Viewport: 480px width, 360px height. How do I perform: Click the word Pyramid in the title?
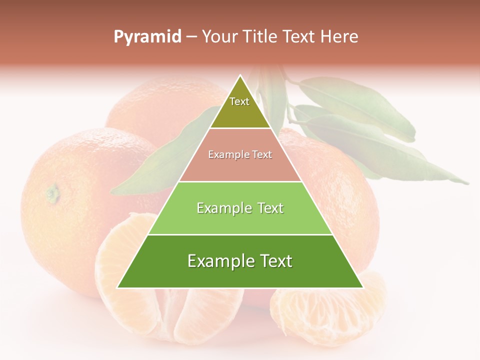tap(147, 37)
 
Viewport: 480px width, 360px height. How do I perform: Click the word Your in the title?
tap(219, 37)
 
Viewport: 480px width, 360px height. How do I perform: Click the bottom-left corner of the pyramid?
tap(117, 287)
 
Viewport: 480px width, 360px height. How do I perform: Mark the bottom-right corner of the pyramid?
tap(363, 287)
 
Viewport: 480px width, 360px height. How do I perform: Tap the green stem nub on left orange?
tap(52, 192)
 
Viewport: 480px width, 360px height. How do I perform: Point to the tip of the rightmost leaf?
tap(468, 183)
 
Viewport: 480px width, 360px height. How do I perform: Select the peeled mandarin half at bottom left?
tap(165, 300)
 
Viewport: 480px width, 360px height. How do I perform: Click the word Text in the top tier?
tap(239, 101)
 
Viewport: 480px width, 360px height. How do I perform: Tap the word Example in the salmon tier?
tap(224, 155)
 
